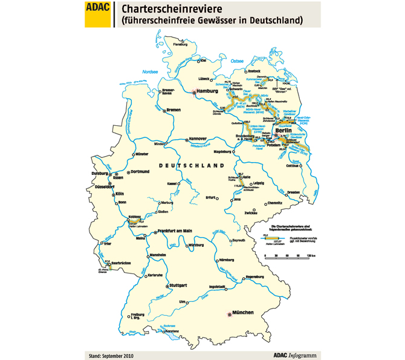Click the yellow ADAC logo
click(x=98, y=14)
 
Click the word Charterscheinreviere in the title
click(x=172, y=10)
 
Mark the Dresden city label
click(x=294, y=192)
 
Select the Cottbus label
click(x=293, y=165)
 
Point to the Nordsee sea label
click(x=140, y=69)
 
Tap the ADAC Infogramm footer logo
click(x=294, y=355)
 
